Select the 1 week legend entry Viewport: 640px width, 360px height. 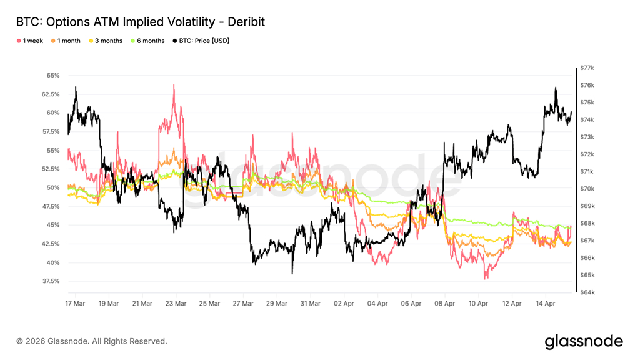pyautogui.click(x=31, y=41)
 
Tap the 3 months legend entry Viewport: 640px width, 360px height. pyautogui.click(x=108, y=41)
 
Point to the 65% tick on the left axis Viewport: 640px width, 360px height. pyautogui.click(x=52, y=76)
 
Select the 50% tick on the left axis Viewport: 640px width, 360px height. pyautogui.click(x=52, y=187)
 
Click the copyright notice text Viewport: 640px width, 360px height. pyautogui.click(x=92, y=341)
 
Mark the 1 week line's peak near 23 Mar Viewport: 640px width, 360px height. pyautogui.click(x=172, y=85)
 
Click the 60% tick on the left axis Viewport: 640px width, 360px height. pyautogui.click(x=52, y=113)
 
